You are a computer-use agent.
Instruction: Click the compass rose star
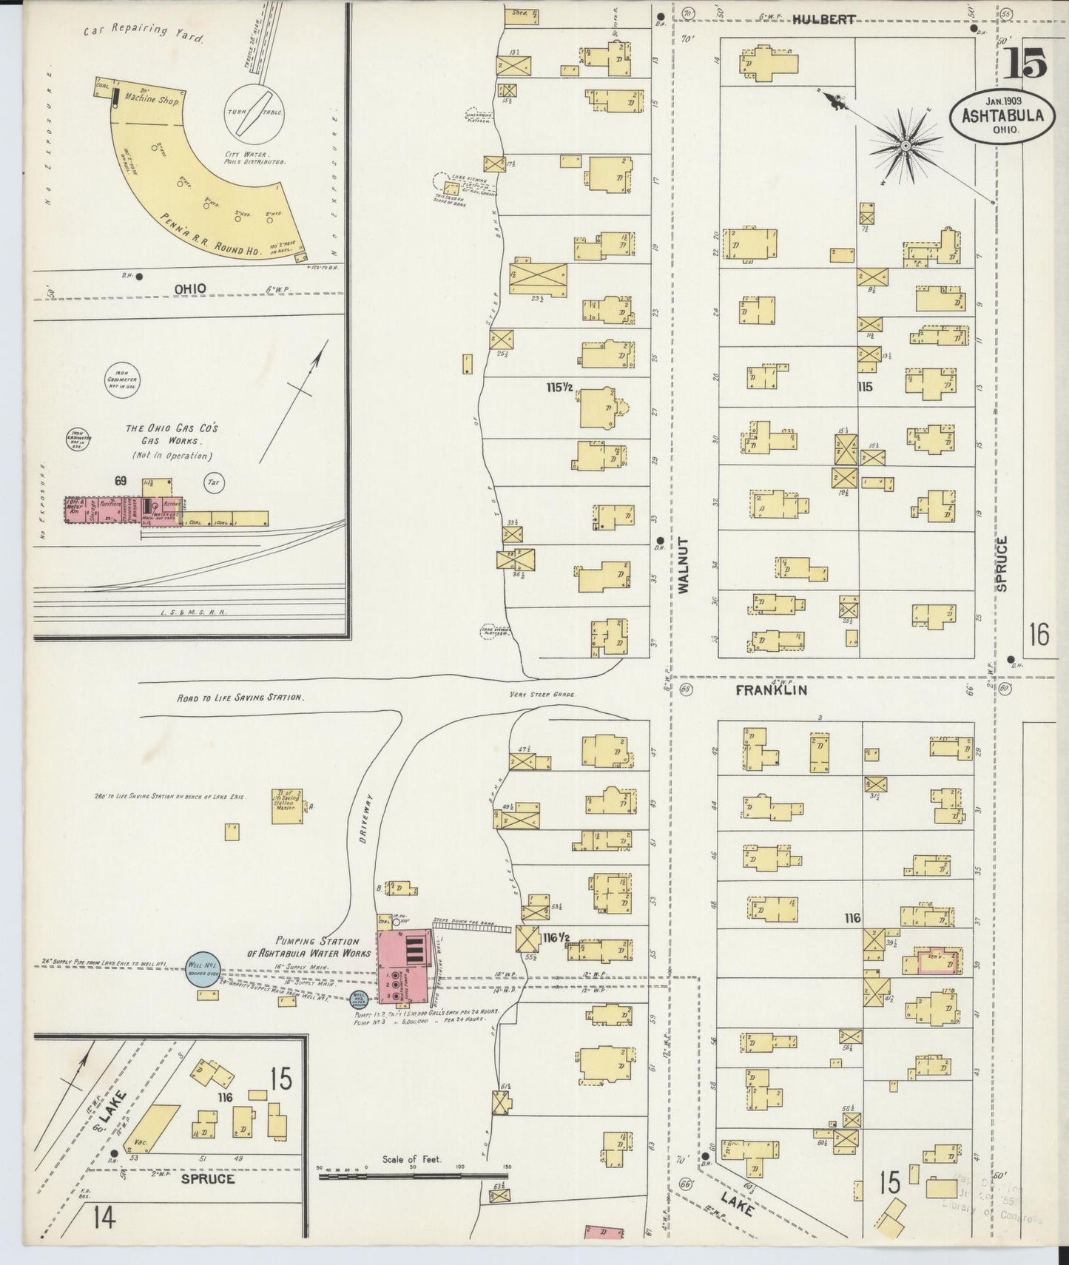(904, 146)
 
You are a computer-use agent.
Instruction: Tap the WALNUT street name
(682, 565)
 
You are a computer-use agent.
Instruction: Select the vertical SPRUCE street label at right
(1002, 563)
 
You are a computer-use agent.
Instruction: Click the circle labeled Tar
(214, 482)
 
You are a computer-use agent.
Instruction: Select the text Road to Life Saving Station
(240, 698)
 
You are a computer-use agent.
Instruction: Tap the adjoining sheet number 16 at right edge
(1039, 634)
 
